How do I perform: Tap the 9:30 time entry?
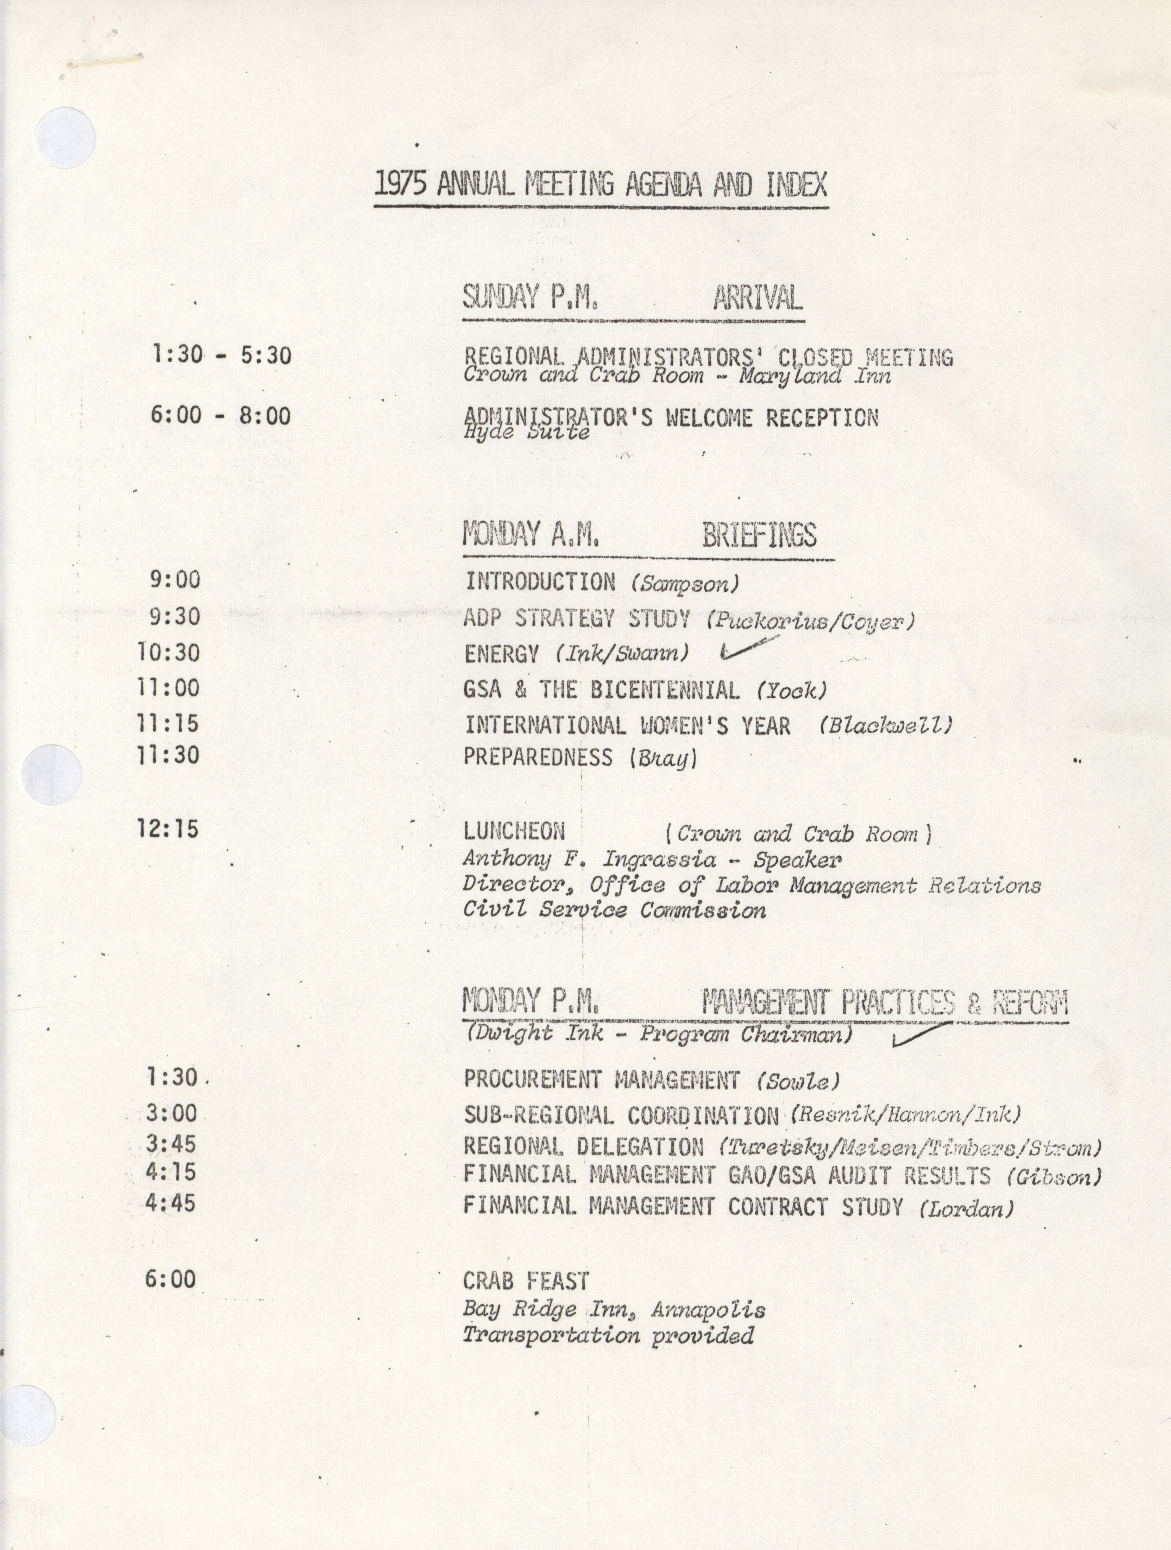pos(174,617)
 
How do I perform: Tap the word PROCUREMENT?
pos(533,1080)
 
